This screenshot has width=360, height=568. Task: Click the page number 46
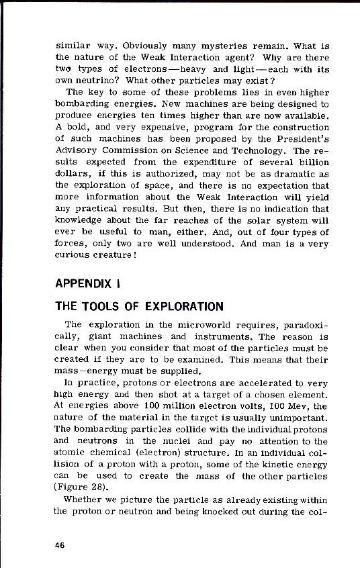(60, 545)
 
